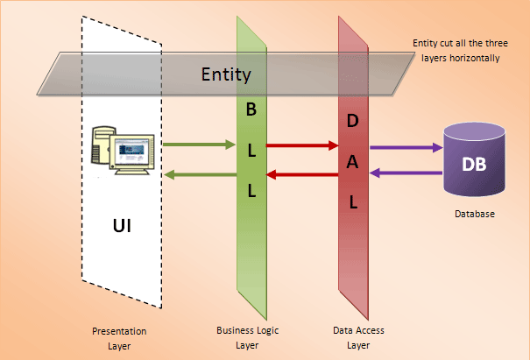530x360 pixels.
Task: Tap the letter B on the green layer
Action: (x=251, y=110)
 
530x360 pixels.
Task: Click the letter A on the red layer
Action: (x=353, y=159)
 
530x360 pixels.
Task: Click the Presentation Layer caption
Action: (x=119, y=337)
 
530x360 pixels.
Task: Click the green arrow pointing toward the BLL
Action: (x=197, y=145)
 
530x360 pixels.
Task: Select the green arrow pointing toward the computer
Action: (x=197, y=175)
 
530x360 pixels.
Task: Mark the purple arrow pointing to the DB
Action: (x=406, y=147)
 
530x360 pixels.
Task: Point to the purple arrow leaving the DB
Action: (x=406, y=173)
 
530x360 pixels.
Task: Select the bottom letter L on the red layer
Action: (x=353, y=201)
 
